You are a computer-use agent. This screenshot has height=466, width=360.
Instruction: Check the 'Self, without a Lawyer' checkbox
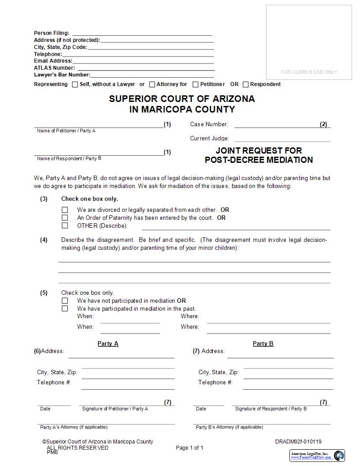pyautogui.click(x=75, y=84)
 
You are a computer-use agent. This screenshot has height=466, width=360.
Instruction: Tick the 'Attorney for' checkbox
pyautogui.click(x=152, y=84)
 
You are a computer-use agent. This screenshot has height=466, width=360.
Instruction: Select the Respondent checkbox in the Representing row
pyautogui.click(x=246, y=84)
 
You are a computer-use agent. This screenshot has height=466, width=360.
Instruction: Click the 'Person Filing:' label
pyautogui.click(x=52, y=33)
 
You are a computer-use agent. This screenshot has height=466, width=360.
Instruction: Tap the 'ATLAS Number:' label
pyautogui.click(x=54, y=68)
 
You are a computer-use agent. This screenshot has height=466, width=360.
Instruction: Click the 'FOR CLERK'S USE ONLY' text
pyautogui.click(x=309, y=72)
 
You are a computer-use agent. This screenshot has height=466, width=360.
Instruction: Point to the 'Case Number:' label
pyautogui.click(x=209, y=124)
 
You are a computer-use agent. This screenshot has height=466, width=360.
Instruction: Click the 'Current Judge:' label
pyautogui.click(x=210, y=139)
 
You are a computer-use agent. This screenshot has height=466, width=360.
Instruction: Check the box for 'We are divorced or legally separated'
pyautogui.click(x=65, y=210)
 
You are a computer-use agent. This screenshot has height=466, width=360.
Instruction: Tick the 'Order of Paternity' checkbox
pyautogui.click(x=65, y=218)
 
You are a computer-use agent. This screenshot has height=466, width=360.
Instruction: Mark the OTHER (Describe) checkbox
pyautogui.click(x=65, y=225)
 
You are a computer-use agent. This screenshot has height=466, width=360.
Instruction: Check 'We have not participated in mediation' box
pyautogui.click(x=65, y=301)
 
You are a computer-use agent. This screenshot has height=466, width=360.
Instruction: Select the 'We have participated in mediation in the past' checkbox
pyautogui.click(x=65, y=309)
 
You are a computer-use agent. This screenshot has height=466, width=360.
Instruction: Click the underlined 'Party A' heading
pyautogui.click(x=108, y=343)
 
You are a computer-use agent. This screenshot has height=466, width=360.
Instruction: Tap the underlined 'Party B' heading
pyautogui.click(x=263, y=343)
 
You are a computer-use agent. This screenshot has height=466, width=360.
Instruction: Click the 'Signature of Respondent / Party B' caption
pyautogui.click(x=271, y=409)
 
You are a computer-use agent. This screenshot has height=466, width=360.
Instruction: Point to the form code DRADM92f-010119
pyautogui.click(x=298, y=442)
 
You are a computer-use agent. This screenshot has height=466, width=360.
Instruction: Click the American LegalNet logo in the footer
pyautogui.click(x=317, y=455)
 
